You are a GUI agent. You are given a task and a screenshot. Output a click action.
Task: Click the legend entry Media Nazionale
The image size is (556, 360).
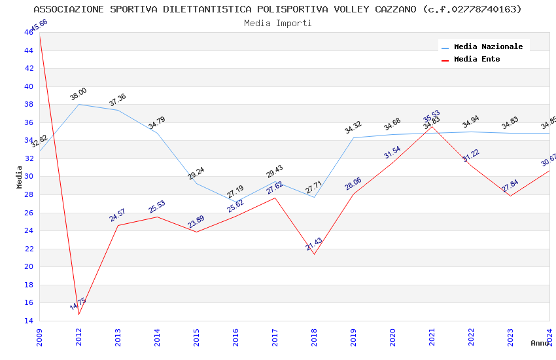click(x=488, y=47)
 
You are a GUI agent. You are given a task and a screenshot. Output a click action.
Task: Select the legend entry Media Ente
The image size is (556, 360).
click(x=477, y=60)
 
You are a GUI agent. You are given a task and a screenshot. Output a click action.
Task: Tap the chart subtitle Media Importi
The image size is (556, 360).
click(x=278, y=23)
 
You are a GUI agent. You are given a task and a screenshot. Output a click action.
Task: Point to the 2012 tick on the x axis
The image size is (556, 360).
click(x=79, y=340)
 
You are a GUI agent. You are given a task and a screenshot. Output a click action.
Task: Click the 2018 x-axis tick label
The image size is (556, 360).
click(x=314, y=340)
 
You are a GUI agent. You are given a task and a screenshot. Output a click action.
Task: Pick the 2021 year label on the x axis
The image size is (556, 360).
click(x=432, y=340)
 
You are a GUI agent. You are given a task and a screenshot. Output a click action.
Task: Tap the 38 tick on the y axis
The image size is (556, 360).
click(x=29, y=104)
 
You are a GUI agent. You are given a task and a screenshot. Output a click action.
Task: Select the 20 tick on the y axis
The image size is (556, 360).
click(x=29, y=266)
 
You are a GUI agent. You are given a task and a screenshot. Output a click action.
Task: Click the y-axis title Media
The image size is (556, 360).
click(x=20, y=177)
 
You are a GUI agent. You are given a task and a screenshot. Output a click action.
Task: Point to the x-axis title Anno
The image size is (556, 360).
click(x=540, y=343)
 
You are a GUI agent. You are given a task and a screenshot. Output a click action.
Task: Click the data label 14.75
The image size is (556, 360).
click(x=78, y=304)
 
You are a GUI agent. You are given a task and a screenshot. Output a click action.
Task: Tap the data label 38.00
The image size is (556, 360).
click(x=78, y=94)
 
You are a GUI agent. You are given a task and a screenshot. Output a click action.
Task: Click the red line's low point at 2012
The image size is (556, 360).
click(x=79, y=314)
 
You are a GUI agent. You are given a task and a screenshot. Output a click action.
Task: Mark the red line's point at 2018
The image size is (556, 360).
click(x=314, y=254)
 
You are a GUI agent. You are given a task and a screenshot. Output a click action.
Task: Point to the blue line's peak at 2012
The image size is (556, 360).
click(x=79, y=104)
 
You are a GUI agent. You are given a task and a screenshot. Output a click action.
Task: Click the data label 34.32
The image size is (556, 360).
click(x=353, y=128)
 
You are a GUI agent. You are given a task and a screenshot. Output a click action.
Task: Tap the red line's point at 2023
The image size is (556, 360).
click(x=510, y=196)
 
